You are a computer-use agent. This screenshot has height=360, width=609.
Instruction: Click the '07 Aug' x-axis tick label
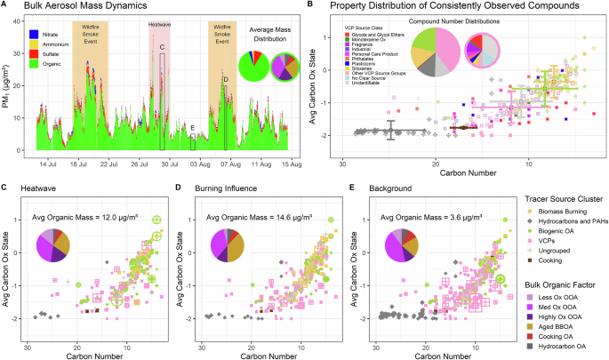pyautogui.click(x=231, y=165)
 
